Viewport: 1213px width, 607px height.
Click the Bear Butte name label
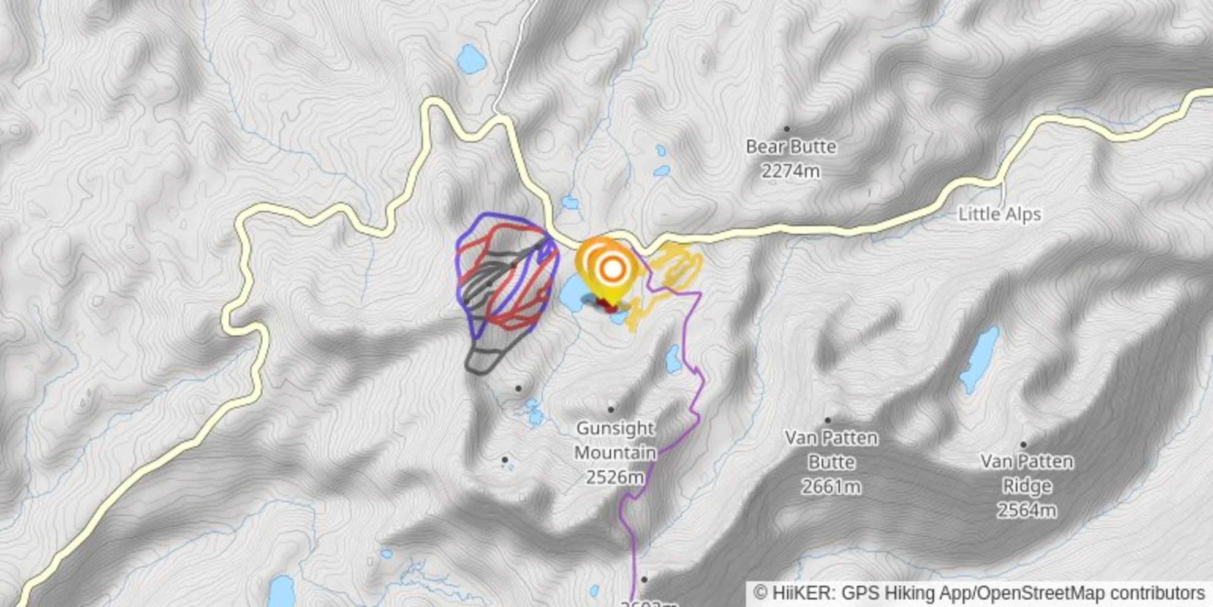(790, 147)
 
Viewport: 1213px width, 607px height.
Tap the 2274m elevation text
(790, 171)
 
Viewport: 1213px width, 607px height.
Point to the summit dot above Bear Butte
(787, 129)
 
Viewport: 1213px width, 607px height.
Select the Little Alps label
(999, 215)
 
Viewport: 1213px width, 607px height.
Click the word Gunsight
(615, 428)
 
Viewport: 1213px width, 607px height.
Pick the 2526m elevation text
(614, 477)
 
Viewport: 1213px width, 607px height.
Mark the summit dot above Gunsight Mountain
(611, 410)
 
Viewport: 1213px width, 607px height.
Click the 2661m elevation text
(831, 487)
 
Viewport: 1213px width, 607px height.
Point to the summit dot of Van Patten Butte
(828, 421)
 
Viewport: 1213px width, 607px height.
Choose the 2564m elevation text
(1026, 510)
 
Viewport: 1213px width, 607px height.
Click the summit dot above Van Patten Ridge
(1023, 445)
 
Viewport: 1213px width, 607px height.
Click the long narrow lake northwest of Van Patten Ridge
(978, 359)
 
